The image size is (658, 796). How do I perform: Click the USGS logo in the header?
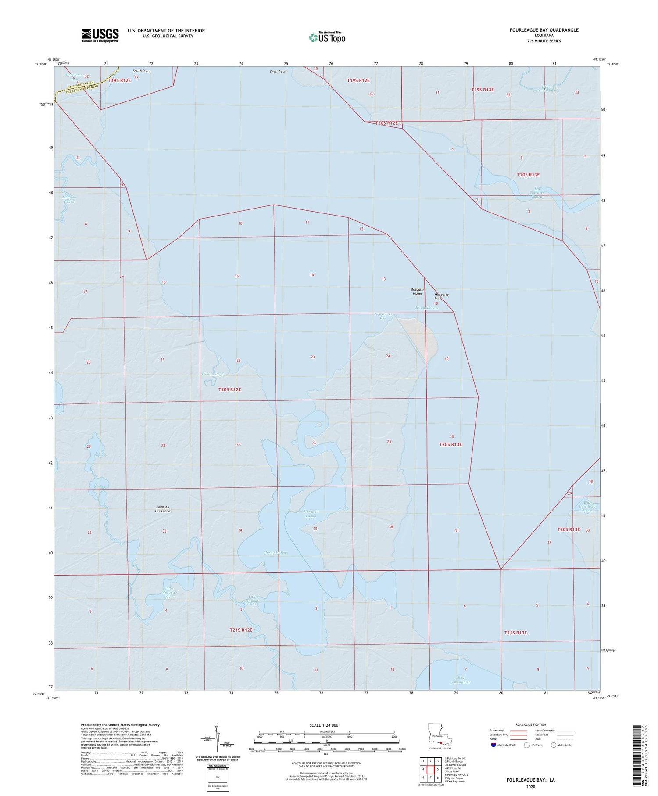[100, 35]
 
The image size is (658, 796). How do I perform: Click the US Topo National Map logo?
[327, 38]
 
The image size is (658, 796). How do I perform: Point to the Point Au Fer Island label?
[162, 509]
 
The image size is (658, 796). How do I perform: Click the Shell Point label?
[278, 72]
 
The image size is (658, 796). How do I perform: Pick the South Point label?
[142, 71]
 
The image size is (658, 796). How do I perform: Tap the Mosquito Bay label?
[275, 552]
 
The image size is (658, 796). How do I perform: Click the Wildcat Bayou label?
[213, 374]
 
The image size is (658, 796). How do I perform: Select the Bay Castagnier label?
[461, 680]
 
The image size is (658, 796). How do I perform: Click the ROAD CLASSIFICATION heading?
[531, 724]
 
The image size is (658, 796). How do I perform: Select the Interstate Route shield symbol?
[493, 745]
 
